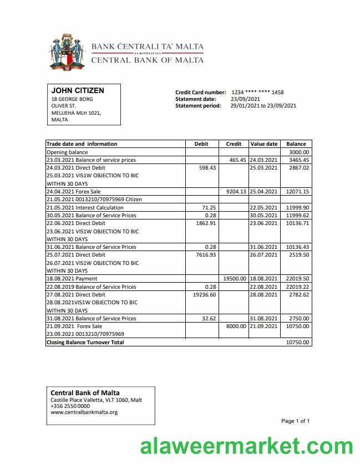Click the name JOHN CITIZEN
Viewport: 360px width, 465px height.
pos(78,90)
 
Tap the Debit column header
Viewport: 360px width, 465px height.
pos(201,144)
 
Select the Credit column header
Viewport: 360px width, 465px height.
pos(234,144)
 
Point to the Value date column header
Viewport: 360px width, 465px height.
pos(264,144)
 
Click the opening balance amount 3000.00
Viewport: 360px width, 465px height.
pos(299,152)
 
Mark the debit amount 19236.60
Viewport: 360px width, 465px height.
pos(204,295)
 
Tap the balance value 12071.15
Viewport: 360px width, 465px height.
pos(297,192)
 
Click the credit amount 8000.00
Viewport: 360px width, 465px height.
pos(236,326)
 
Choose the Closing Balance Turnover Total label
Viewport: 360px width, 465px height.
pos(85,343)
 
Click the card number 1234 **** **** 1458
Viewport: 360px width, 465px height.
pos(257,93)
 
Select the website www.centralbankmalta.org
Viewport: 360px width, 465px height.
pos(84,412)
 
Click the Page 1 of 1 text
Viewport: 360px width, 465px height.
pos(295,421)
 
